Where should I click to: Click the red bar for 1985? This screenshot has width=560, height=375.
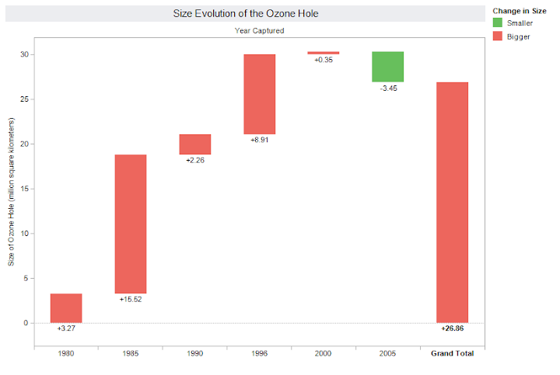click(131, 224)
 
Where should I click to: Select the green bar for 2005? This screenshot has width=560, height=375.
click(387, 67)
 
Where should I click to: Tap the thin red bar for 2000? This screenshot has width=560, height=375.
click(324, 53)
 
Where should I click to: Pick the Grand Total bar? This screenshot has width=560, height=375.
click(452, 202)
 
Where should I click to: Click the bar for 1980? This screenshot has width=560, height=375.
click(66, 307)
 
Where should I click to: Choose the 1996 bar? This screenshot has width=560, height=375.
click(259, 94)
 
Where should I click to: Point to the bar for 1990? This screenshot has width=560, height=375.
click(195, 144)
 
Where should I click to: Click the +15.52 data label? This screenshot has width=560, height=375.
click(131, 299)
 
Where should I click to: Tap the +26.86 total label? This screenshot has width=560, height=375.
click(452, 328)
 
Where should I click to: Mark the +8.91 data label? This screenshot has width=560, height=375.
click(259, 141)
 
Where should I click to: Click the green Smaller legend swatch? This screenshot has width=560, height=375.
click(498, 23)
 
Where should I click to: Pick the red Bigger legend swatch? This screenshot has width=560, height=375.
click(498, 36)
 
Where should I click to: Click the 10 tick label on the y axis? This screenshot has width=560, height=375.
click(24, 233)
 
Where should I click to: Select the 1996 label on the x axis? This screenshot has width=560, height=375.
click(259, 353)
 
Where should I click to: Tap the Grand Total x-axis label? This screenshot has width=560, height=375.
click(452, 353)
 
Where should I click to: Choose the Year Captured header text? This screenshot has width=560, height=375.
click(259, 31)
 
